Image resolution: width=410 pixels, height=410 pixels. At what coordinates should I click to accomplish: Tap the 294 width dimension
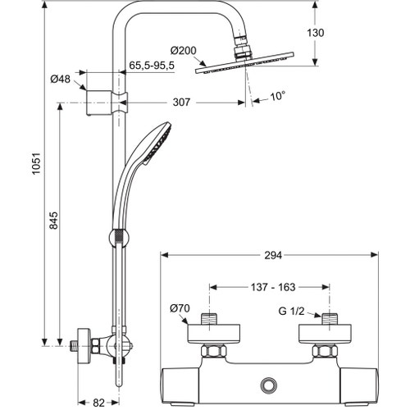273,255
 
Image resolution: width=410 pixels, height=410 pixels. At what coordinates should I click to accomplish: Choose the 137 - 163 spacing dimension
272,287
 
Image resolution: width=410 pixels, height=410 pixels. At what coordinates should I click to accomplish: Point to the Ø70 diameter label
180,309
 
